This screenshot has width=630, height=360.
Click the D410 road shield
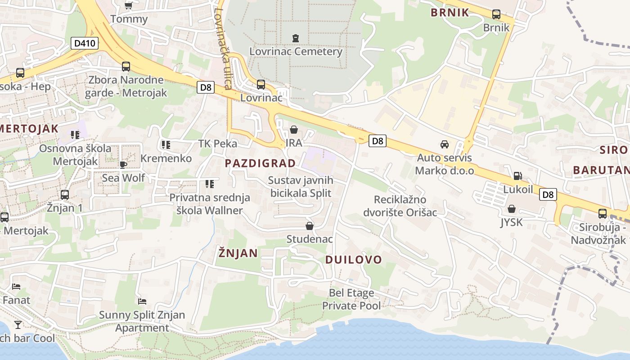click(85, 43)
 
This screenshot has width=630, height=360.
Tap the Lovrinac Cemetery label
click(296, 51)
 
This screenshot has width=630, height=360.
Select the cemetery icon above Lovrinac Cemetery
click(295, 38)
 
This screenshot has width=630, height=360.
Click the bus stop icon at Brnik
click(496, 14)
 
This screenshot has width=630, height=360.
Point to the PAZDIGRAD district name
click(260, 163)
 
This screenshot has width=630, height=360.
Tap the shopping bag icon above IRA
click(294, 130)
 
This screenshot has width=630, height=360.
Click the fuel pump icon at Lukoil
click(517, 176)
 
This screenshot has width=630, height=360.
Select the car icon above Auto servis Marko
click(445, 144)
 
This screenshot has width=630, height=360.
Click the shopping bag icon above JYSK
click(511, 209)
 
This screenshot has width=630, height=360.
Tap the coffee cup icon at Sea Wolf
click(123, 165)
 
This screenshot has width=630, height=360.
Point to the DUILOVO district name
click(353, 260)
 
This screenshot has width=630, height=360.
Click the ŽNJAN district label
click(238, 253)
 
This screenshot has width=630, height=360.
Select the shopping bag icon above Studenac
click(310, 225)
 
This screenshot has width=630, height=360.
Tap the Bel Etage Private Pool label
click(351, 299)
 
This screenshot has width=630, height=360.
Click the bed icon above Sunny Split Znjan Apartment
click(142, 301)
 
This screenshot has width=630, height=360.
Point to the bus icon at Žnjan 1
click(65, 195)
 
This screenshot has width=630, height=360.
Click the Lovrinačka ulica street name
click(224, 49)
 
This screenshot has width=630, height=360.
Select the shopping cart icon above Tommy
click(129, 5)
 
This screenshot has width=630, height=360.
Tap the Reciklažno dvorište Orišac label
click(400, 206)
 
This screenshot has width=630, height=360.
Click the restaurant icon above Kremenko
click(166, 145)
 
